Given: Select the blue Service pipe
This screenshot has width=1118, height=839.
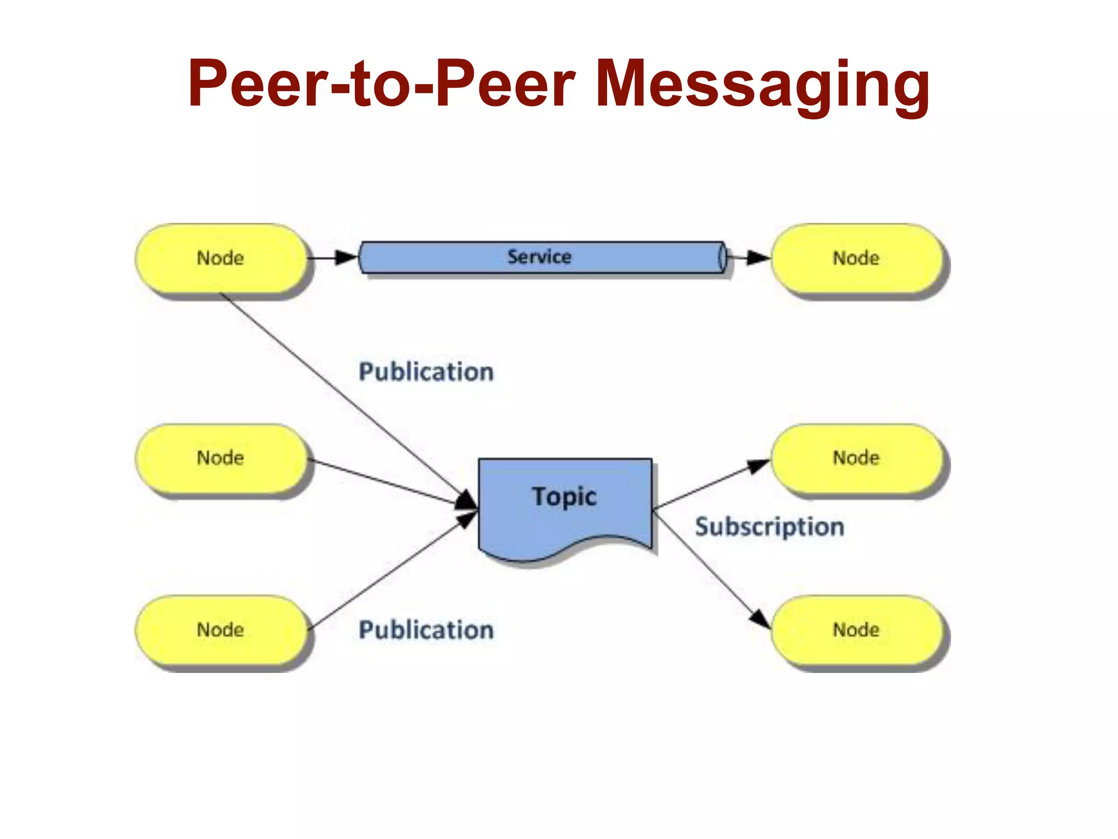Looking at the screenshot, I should pos(539,257).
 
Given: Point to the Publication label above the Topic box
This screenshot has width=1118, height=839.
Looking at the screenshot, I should pos(426,372).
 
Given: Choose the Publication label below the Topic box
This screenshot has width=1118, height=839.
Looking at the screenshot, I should pos(426,630).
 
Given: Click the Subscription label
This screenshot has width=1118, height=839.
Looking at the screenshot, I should pos(770,527).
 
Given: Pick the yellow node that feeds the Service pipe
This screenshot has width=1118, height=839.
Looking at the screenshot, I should pos(221,258).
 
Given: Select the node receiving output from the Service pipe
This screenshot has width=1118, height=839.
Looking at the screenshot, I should pos(856,258).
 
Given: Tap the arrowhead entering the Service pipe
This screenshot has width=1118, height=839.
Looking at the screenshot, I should pos(346,257).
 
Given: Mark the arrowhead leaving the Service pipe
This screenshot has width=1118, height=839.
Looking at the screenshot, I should pos(758,257).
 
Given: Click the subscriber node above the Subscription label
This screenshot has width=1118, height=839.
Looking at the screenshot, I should pos(856,458).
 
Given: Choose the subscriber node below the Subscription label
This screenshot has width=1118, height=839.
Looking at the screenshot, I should pos(856,630).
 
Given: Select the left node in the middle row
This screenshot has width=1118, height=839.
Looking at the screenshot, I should pos(221,458).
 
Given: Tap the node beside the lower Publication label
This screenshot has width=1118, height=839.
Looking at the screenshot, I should pos(221,630).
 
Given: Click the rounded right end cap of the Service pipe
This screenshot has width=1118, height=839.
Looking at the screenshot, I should pos(722,257).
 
